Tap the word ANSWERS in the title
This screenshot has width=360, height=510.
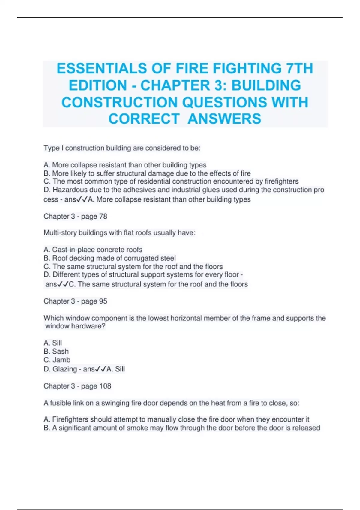[x=224, y=118]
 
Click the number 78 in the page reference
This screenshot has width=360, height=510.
[x=103, y=216]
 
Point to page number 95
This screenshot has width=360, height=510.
[x=103, y=301]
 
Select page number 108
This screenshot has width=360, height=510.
[x=105, y=386]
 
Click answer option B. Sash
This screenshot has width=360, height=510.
[x=56, y=351]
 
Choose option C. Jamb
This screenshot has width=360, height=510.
[x=57, y=360]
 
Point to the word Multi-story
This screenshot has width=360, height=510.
[x=60, y=233]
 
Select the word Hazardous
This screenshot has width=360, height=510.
[x=69, y=190]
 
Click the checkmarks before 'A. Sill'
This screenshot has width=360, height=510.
[x=100, y=369]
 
